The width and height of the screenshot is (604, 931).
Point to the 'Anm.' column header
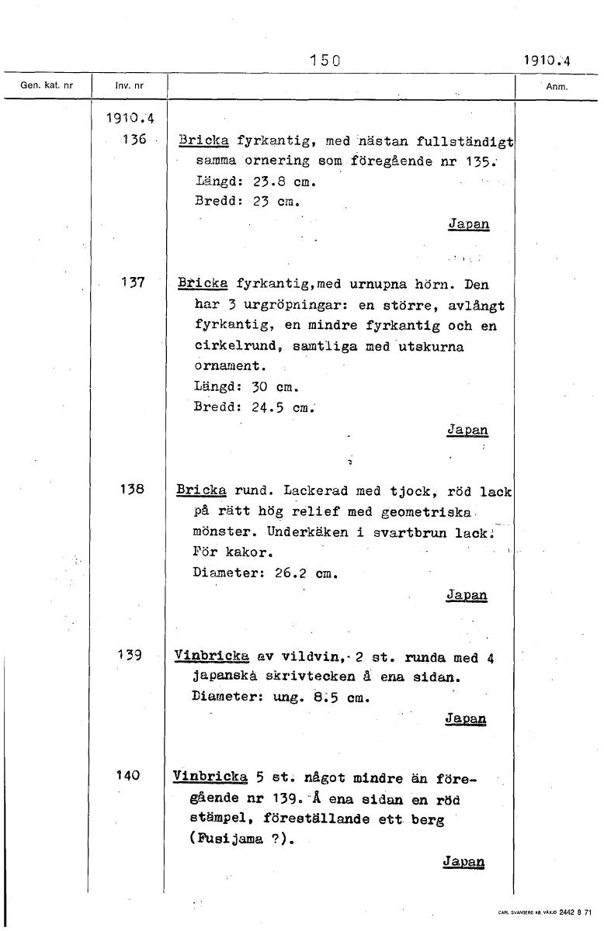(x=557, y=87)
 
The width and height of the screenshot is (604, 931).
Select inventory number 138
(x=134, y=490)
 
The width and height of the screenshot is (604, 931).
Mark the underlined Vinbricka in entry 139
(x=211, y=658)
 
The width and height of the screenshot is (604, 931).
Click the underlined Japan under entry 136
(x=469, y=223)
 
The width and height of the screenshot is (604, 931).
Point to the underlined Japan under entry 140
(x=463, y=862)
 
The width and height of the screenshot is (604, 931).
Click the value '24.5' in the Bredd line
(x=271, y=407)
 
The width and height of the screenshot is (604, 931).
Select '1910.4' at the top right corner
(x=546, y=60)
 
